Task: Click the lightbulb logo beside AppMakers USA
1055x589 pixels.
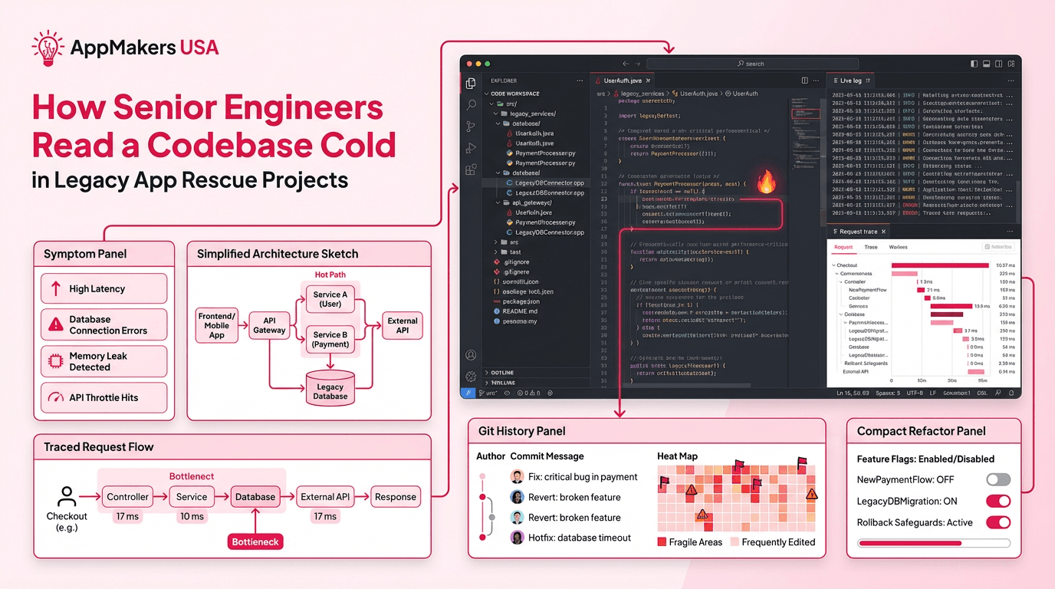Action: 48,47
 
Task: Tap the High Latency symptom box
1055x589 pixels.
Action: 104,288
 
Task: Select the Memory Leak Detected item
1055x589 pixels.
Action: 104,361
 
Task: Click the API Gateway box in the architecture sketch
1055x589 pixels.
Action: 269,325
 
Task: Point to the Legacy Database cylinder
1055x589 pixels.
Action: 330,388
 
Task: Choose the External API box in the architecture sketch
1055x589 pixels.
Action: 403,325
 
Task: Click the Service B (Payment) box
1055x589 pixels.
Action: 330,340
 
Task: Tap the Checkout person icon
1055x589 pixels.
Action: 67,496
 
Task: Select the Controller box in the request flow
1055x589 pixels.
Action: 127,497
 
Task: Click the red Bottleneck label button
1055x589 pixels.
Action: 256,541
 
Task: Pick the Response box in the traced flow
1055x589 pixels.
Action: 395,497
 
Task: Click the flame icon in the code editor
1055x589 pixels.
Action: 766,182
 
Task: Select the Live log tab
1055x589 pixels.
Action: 850,81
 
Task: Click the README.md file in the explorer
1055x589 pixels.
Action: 520,311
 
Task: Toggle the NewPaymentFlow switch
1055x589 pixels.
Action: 997,479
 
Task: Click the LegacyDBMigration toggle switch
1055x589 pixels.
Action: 997,501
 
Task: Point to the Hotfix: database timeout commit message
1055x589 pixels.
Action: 579,538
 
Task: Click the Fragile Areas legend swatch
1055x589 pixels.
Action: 662,542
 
